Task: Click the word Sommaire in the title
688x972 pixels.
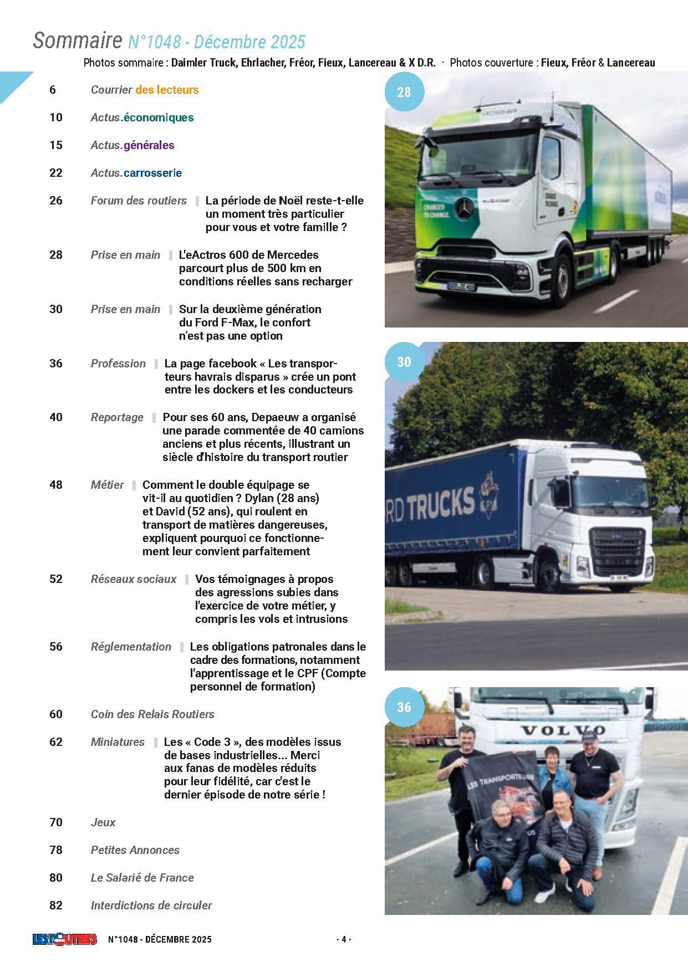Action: click(x=77, y=41)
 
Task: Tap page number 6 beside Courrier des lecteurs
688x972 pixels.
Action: click(x=53, y=90)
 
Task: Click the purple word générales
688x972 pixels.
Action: click(x=149, y=145)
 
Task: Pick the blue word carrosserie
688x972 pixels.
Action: click(x=152, y=173)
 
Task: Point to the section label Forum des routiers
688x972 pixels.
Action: click(x=139, y=201)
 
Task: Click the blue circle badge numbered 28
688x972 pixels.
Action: click(x=404, y=92)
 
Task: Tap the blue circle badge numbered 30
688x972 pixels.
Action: click(x=404, y=362)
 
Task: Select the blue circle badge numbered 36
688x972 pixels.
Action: click(x=404, y=707)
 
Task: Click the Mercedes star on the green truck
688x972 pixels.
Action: click(x=464, y=208)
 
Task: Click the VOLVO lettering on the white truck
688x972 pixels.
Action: click(x=562, y=731)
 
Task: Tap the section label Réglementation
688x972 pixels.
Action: click(x=131, y=647)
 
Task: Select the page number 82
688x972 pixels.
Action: click(x=56, y=906)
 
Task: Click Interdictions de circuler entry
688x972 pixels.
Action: click(x=151, y=906)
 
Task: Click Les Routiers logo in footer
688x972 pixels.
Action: click(x=64, y=939)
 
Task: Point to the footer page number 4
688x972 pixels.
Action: click(x=344, y=939)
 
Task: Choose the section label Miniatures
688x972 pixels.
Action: click(x=118, y=742)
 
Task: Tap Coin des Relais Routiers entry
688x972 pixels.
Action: click(x=152, y=714)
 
